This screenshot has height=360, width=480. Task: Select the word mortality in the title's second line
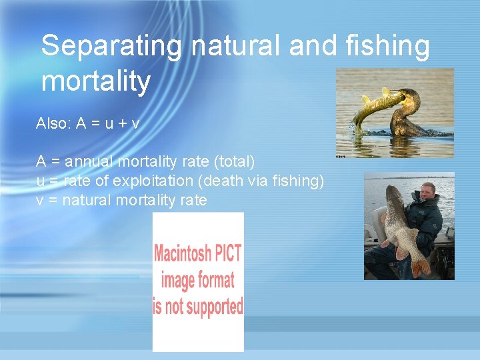(96, 81)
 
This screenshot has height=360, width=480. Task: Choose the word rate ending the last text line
(193, 200)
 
